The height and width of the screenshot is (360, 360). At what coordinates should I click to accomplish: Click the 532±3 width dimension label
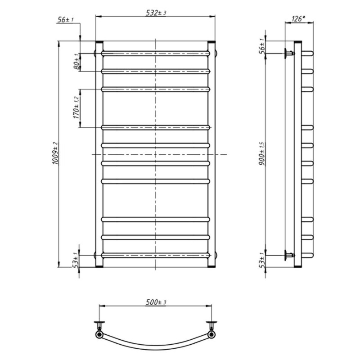[156, 13]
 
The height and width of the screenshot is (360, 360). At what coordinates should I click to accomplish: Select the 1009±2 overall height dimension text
[55, 153]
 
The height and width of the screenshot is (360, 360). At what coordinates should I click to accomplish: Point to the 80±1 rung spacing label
[77, 62]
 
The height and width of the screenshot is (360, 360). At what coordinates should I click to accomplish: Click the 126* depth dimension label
[298, 19]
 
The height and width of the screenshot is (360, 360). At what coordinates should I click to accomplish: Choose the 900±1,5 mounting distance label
[262, 153]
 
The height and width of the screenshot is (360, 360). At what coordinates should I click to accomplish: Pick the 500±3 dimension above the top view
[156, 302]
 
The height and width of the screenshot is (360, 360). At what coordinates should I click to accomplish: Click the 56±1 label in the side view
[262, 46]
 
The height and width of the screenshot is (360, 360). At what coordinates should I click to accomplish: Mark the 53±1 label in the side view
[262, 260]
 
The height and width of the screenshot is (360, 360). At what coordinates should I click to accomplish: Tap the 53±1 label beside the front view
[76, 260]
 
